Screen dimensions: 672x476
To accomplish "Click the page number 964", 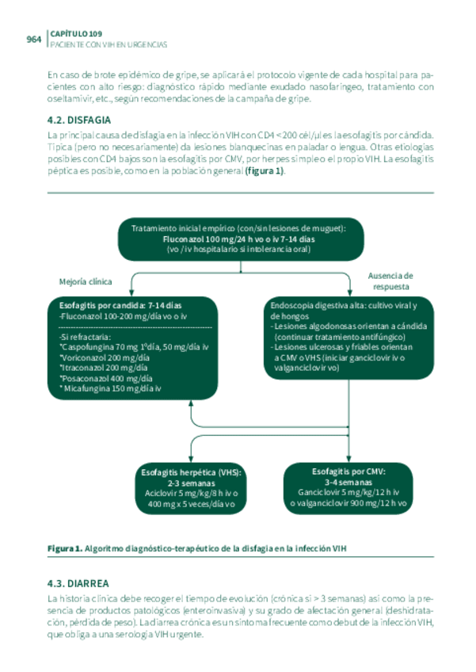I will [33, 39].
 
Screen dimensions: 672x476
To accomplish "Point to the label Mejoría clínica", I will [86, 281].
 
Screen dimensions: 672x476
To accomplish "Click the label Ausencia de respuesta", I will [390, 281].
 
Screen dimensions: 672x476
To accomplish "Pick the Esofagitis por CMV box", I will [348, 486].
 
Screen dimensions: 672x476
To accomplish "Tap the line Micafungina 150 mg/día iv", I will [111, 388].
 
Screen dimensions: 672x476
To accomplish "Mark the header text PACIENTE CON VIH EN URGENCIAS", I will [107, 44].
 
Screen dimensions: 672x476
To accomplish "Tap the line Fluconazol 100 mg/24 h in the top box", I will [239, 238].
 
